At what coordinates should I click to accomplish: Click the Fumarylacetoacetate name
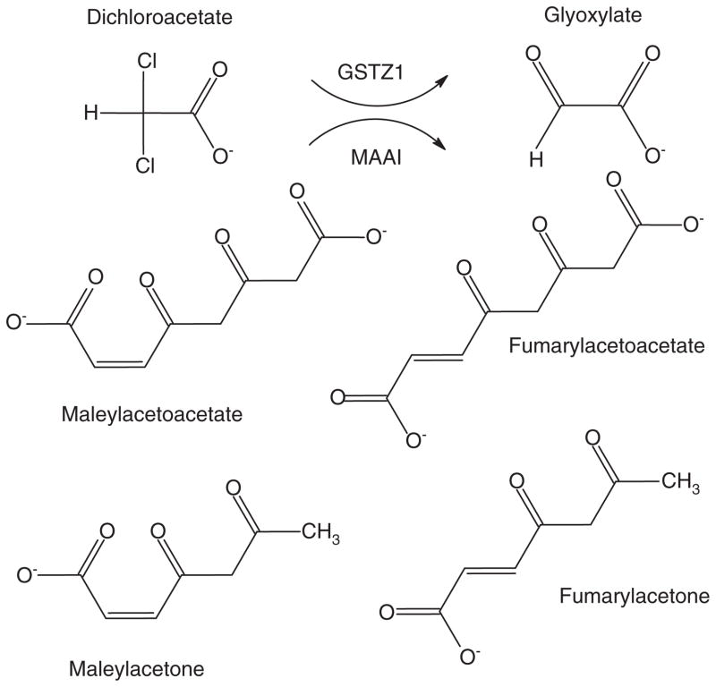click(606, 344)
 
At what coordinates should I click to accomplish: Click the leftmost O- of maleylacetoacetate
click(15, 320)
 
